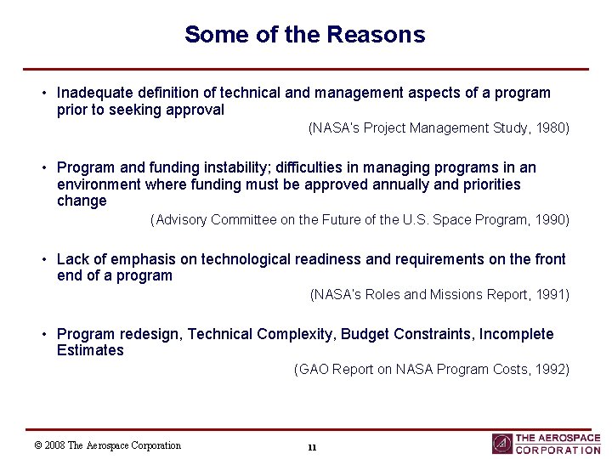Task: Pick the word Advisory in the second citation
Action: pos(180,220)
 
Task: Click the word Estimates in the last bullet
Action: pos(90,350)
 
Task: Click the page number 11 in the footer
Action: pos(312,447)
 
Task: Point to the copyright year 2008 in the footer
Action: pos(55,445)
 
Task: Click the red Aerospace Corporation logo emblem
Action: pos(501,444)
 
